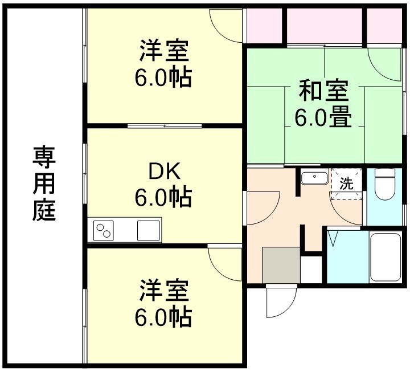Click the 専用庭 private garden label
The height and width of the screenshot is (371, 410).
coord(44,184)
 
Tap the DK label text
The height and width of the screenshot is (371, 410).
coord(164,171)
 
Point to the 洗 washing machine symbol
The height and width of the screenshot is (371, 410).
coord(346,184)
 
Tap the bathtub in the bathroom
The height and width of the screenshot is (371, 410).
coord(387,257)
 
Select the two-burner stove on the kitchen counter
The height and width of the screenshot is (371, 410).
coord(104,230)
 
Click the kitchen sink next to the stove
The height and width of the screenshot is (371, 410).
coord(149,230)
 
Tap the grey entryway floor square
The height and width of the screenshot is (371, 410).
coord(281,264)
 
